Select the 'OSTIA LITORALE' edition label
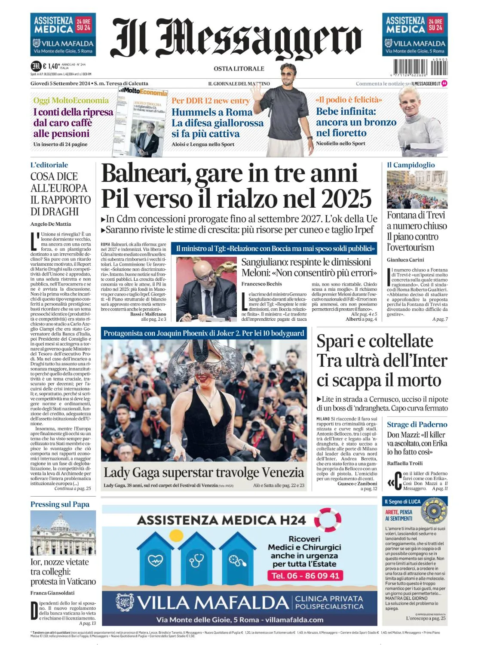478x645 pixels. [239, 69]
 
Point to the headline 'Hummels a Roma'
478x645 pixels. [212, 112]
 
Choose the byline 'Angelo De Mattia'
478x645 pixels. [51, 224]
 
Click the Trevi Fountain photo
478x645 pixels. [417, 190]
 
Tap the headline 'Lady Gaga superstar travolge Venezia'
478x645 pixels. [204, 473]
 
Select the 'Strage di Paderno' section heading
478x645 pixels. [417, 424]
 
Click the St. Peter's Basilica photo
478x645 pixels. [63, 533]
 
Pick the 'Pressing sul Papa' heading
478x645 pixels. [60, 504]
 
